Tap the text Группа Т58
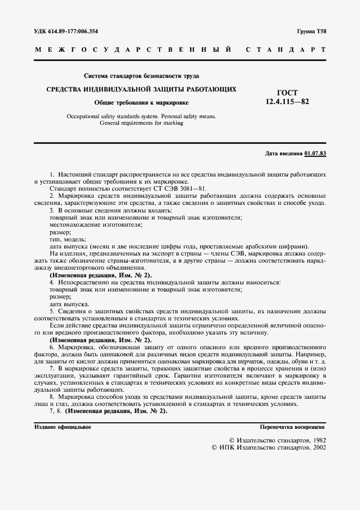312,32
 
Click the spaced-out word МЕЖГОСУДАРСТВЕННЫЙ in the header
134,50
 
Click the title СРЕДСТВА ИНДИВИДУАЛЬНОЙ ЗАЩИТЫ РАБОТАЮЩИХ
141,89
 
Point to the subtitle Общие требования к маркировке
141,102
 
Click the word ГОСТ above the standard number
287,93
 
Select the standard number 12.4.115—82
287,102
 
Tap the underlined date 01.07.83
315,154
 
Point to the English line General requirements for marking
142,123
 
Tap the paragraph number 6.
51,347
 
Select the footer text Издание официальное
63,427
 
